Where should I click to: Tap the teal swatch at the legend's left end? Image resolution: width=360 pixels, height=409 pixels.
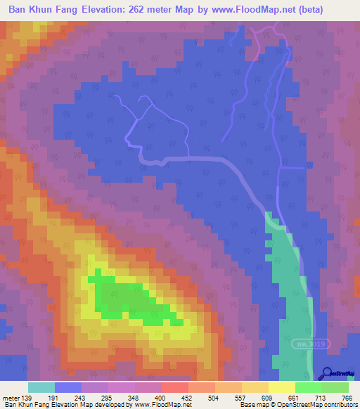point(41,387)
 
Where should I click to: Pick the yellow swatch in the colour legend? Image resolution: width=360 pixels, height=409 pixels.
point(282,387)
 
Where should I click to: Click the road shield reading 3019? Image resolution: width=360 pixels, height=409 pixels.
point(309,344)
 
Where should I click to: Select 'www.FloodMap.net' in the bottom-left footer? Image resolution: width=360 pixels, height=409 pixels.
point(162,405)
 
